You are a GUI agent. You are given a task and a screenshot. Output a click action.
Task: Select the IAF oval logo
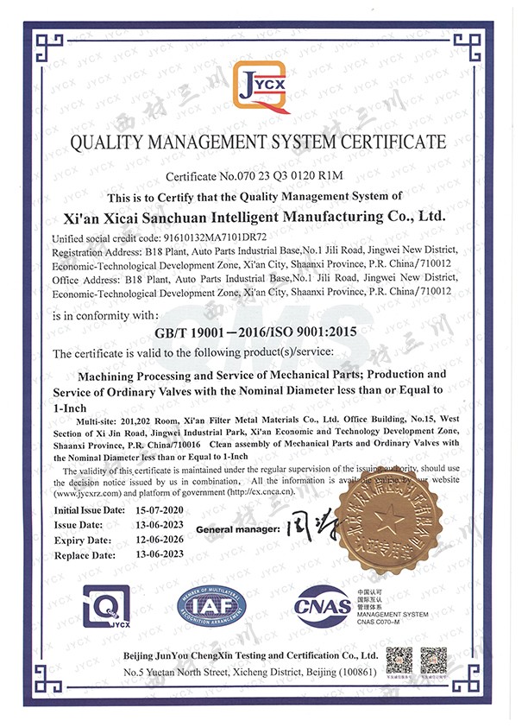click(x=212, y=607)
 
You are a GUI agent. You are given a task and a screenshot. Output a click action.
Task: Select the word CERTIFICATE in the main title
click(x=391, y=142)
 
